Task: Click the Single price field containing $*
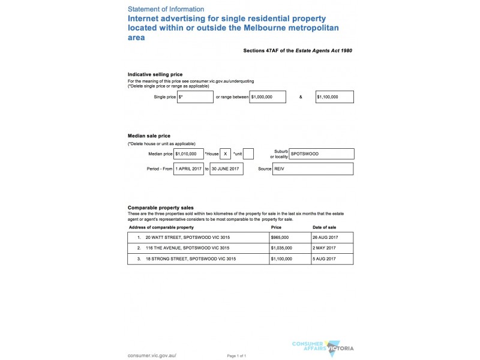[195, 97]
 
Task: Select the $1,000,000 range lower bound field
[268, 97]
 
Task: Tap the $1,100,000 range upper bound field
[334, 97]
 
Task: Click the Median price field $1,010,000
[188, 154]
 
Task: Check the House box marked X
[225, 154]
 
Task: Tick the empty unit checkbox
[248, 154]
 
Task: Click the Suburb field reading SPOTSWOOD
[322, 154]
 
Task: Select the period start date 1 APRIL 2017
[188, 169]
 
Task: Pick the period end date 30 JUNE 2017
[226, 169]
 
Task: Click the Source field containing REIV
[313, 169]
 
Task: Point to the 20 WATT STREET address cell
[198, 238]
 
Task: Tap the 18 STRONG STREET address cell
[198, 259]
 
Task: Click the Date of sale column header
[325, 228]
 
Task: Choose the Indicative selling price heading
[155, 74]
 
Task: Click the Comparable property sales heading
[160, 208]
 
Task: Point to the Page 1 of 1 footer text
[237, 356]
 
